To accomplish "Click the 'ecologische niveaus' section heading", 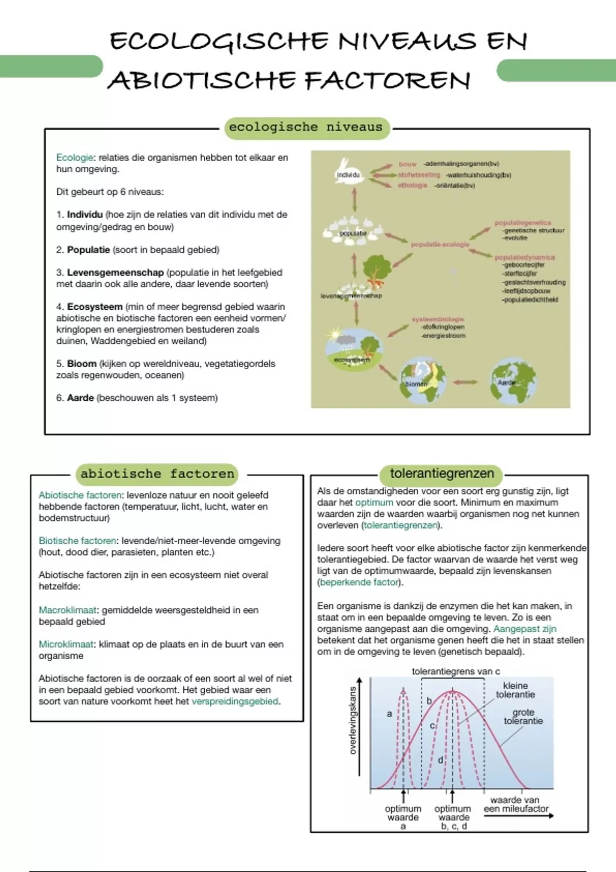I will click(x=306, y=127).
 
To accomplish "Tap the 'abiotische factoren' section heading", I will click(x=158, y=474).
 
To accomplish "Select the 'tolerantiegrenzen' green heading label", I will click(x=441, y=473).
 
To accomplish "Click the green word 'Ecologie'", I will click(x=74, y=158).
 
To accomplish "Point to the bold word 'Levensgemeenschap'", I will click(x=115, y=272).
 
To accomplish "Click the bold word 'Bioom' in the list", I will click(x=82, y=364).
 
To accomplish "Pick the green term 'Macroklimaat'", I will click(x=68, y=610).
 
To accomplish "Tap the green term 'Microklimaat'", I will click(x=66, y=644).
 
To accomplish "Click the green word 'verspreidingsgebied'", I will click(x=235, y=701).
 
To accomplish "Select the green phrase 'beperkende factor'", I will click(x=359, y=582).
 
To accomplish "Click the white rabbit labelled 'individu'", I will click(x=348, y=171).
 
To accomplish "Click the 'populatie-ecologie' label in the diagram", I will click(x=440, y=245).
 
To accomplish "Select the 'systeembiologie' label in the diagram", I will click(x=437, y=319).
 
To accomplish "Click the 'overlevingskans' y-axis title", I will click(x=353, y=720).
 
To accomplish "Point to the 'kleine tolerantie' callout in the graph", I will click(x=515, y=690).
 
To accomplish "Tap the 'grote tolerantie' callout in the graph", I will click(x=523, y=717).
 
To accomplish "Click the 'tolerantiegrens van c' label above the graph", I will click(x=455, y=671).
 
